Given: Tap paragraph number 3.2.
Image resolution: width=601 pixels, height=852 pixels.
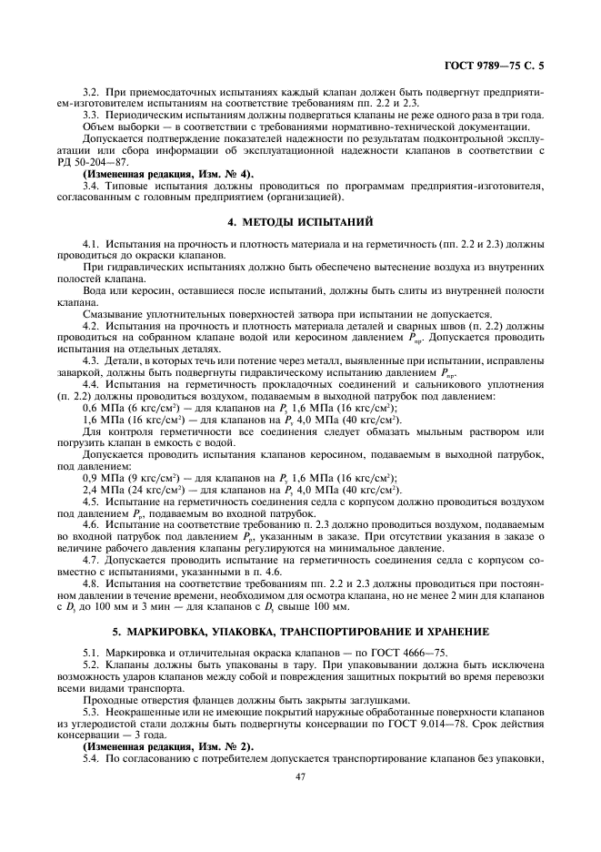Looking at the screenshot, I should pyautogui.click(x=91, y=93).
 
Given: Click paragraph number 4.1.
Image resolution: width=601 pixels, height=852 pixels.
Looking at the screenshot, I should pyautogui.click(x=91, y=246).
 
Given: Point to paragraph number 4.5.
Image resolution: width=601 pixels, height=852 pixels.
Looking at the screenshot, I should pyautogui.click(x=91, y=501).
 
